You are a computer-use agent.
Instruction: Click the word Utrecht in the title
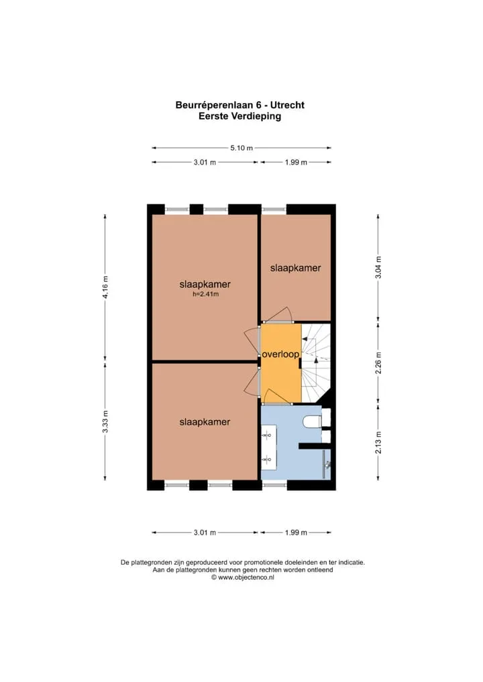(287, 105)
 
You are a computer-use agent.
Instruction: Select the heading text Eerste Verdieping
(239, 116)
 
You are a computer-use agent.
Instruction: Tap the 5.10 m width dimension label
(241, 148)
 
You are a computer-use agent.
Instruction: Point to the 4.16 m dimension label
(105, 287)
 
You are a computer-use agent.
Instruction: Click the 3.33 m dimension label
(105, 422)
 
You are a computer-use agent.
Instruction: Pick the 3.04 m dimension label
(378, 267)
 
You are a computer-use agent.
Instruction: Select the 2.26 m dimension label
(378, 363)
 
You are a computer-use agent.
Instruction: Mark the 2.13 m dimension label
(378, 442)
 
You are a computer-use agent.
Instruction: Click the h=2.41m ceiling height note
(205, 295)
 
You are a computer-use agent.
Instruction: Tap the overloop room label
(280, 354)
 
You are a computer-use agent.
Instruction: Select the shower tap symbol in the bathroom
(327, 464)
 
